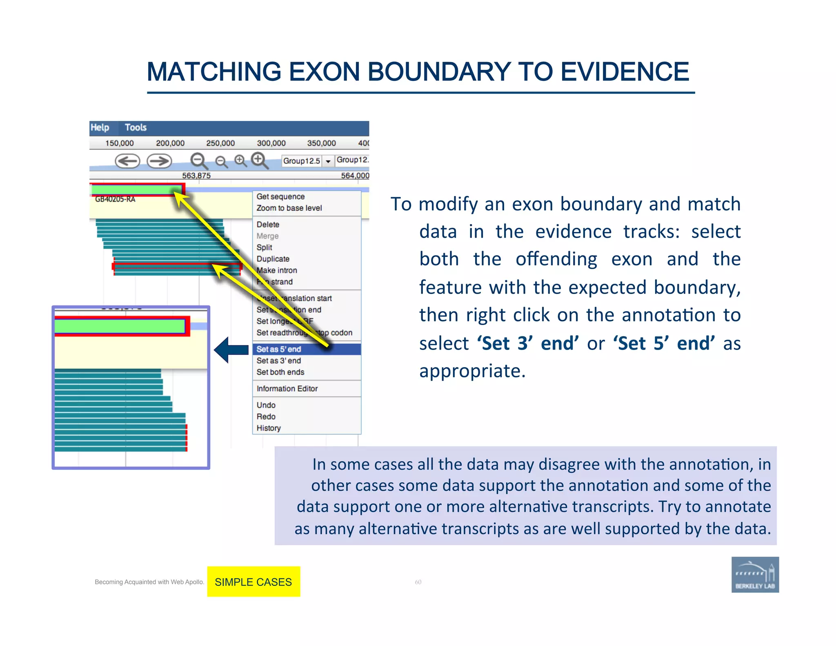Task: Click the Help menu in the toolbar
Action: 100,127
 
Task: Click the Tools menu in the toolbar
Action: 136,127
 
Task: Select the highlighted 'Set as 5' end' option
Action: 279,349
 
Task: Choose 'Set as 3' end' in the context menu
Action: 279,361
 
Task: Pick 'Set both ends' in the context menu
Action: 280,372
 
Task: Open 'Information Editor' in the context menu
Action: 287,389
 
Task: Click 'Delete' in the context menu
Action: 268,225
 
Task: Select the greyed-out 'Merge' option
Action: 267,236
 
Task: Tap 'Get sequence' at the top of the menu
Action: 280,196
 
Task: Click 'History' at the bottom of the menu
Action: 269,428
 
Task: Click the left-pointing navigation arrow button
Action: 127,161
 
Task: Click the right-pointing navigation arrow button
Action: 159,161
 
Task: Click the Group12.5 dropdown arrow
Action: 328,161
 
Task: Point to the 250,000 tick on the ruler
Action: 220,143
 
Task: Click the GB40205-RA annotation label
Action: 115,199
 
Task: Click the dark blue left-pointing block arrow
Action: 231,350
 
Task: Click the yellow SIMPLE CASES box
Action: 253,581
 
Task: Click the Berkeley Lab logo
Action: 755,575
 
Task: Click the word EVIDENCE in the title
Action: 625,72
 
